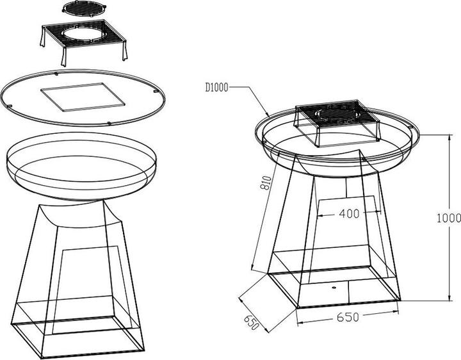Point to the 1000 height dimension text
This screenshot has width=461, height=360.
tap(449, 218)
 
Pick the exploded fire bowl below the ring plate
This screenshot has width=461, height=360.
tap(81, 163)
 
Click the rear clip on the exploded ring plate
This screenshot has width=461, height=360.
tap(58, 72)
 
